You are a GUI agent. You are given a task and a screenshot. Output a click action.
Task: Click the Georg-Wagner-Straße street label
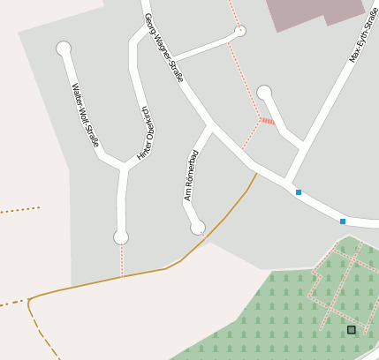[x=163, y=48]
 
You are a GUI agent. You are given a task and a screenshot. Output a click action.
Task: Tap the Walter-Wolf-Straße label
[x=86, y=115]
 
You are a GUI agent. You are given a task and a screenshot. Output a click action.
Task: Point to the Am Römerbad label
[x=192, y=175]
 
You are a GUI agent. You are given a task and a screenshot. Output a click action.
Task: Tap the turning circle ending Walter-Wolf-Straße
[x=64, y=49]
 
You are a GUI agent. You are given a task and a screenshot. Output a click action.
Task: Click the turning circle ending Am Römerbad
[x=198, y=228]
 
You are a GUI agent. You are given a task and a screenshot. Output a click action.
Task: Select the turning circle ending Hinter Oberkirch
[x=121, y=236]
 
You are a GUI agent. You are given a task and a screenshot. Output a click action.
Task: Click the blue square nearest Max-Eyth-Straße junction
[x=299, y=191]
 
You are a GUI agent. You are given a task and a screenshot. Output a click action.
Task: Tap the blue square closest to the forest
[x=343, y=221]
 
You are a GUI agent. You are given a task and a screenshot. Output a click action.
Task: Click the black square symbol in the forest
[x=351, y=330]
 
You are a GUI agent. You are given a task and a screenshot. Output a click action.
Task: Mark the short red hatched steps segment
[x=269, y=121]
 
